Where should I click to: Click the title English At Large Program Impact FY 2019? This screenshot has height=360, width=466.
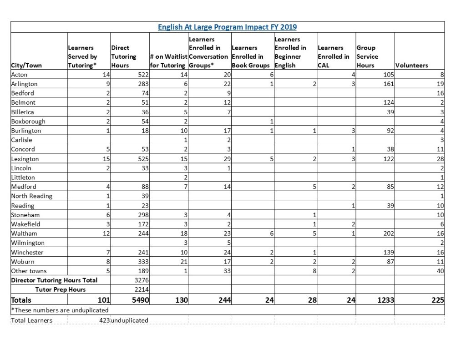coord(227,27)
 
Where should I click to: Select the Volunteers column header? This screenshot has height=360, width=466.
coord(411,65)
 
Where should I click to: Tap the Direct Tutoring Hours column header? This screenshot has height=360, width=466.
coord(124,56)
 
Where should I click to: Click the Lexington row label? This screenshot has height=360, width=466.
coord(25,159)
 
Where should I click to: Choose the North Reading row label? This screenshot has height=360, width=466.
coord(31,196)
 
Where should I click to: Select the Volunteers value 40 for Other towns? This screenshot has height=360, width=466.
coord(440,271)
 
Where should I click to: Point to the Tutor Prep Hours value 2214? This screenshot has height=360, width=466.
coord(137,289)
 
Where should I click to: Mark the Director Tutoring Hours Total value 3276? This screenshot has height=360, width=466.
coord(137,280)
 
